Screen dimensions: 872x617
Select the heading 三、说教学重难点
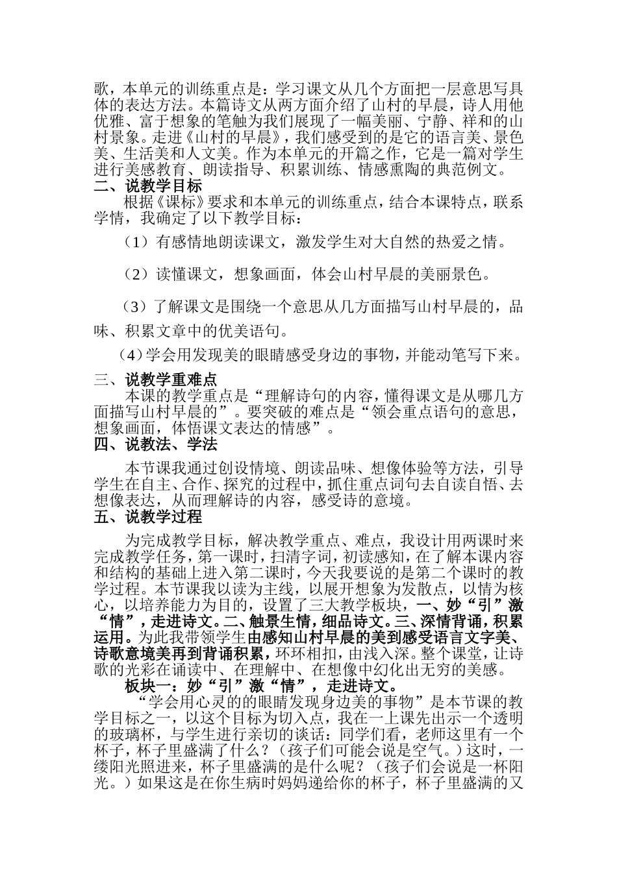pos(155,379)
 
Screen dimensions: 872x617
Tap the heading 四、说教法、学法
pos(155,444)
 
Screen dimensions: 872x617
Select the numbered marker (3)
pos(136,306)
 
